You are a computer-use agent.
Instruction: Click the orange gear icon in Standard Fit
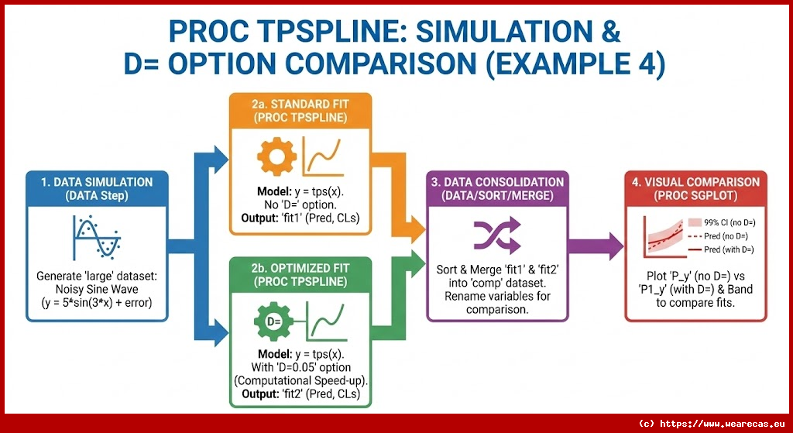(x=272, y=158)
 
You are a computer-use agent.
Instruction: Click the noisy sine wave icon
(x=98, y=237)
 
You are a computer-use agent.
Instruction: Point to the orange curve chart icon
(x=324, y=157)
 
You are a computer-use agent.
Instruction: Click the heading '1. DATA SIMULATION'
(x=98, y=183)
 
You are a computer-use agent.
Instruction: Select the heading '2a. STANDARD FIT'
(x=300, y=105)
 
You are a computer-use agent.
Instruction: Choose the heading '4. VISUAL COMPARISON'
(x=695, y=183)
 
